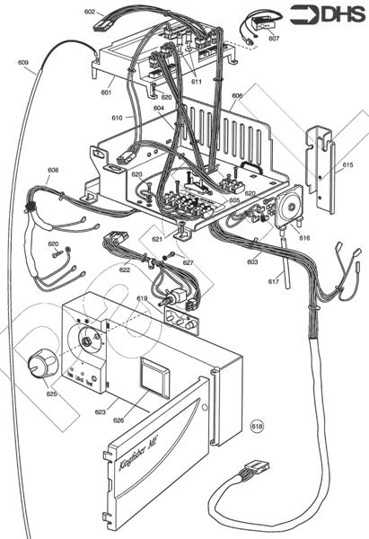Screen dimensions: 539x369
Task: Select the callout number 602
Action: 90,12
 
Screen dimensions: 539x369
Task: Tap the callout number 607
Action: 273,40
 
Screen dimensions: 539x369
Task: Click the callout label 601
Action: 106,92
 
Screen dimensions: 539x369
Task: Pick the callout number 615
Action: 347,165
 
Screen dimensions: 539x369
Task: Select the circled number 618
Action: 258,425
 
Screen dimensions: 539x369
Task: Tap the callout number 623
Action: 101,413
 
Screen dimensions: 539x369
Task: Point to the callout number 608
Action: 53,170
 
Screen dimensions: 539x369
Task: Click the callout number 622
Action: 125,269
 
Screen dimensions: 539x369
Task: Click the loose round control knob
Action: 38,366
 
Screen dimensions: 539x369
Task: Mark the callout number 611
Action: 196,81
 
